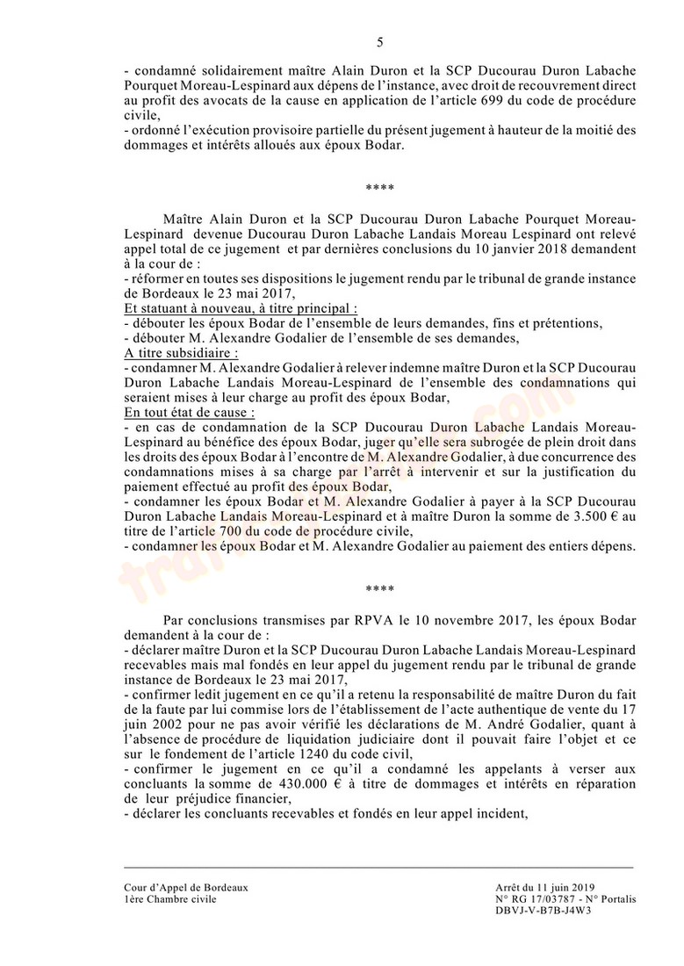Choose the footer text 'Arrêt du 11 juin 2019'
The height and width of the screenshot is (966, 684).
coord(544,887)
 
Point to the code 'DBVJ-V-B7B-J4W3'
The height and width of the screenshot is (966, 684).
coord(544,911)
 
